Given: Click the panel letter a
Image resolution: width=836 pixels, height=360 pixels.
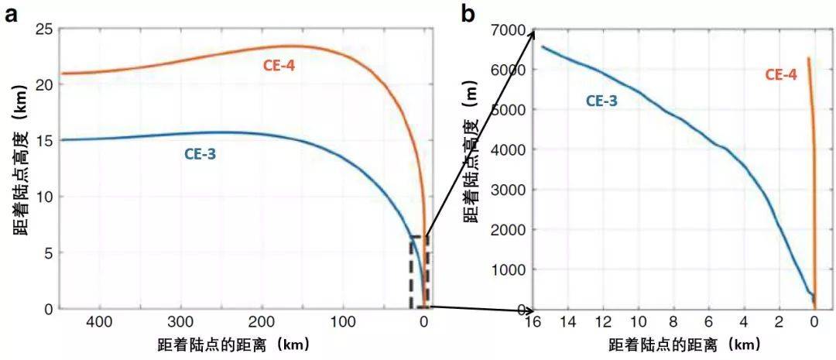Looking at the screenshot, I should coord(12,13).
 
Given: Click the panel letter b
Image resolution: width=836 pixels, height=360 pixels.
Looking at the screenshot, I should coord(468,13).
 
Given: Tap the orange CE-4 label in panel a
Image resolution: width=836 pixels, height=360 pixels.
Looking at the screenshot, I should coord(279,65).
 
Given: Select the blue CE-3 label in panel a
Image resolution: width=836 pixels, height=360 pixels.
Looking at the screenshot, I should coord(200,153).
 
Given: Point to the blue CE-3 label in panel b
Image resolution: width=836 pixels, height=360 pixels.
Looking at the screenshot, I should coord(601,100).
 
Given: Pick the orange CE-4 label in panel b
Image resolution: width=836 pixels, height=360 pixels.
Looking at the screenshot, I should coord(781,75).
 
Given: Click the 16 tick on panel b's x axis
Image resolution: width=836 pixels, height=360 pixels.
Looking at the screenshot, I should coord(533,323).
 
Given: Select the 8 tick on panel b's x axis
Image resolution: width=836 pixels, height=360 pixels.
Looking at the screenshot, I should coord(673,323).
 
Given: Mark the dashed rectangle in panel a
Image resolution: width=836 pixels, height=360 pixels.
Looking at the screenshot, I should coord(419,272).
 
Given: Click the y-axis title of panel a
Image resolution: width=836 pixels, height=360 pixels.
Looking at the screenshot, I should coord(18,169).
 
